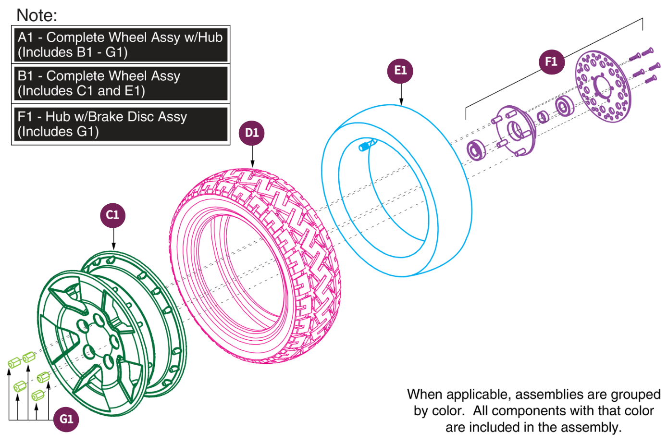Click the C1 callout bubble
click(113, 215)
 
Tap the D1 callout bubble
click(252, 133)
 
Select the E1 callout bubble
click(400, 71)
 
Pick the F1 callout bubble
click(551, 62)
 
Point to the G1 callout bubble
click(66, 419)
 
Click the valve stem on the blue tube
click(367, 145)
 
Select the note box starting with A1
click(120, 45)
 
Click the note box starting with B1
click(120, 83)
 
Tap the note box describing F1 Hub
click(120, 124)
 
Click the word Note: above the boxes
click(37, 15)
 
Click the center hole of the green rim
click(89, 351)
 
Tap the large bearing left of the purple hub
click(476, 150)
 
